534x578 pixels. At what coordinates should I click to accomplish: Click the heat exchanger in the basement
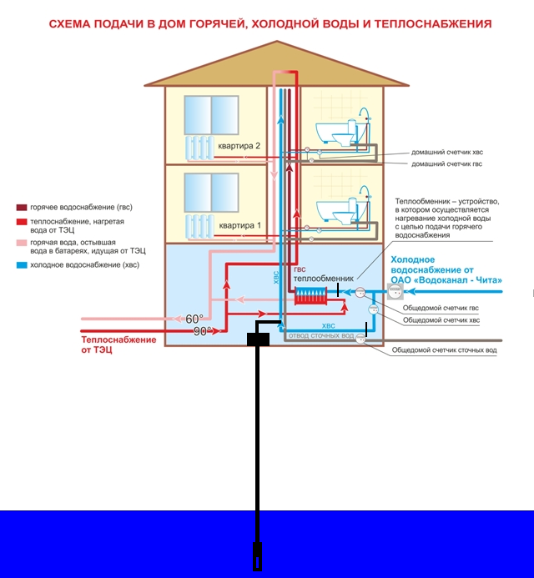310,295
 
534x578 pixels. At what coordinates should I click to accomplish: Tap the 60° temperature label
194,319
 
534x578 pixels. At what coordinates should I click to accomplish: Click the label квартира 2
239,146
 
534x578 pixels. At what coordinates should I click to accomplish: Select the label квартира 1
240,225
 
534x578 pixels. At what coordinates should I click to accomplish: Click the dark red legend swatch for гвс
22,208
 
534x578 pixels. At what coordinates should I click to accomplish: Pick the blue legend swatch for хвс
22,265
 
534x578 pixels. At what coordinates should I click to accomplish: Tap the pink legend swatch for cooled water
22,243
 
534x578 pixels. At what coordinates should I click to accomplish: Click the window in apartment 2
211,115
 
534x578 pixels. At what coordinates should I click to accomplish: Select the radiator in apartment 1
199,227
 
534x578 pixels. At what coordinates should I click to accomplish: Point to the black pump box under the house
258,339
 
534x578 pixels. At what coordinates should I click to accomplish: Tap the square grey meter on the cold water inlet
395,291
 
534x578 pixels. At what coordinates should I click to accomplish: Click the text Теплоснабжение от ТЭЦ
118,344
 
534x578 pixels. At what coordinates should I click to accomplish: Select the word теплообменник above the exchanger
324,279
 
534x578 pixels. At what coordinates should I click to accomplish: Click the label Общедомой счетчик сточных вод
444,349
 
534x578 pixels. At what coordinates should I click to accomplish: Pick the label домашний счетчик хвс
447,152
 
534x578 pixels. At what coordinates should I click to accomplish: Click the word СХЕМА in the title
69,24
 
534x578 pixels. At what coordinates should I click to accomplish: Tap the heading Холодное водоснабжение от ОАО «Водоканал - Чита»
446,270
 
